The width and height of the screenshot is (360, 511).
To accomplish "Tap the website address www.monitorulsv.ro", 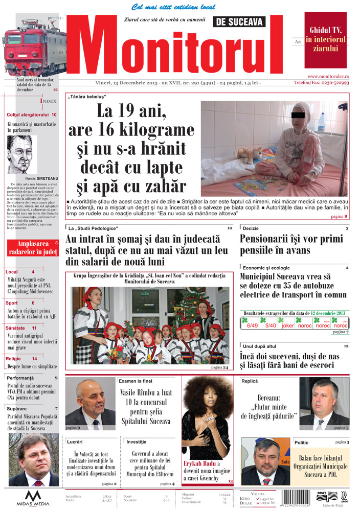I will click(x=328, y=76).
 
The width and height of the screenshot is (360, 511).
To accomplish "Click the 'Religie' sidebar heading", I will click(x=14, y=359).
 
